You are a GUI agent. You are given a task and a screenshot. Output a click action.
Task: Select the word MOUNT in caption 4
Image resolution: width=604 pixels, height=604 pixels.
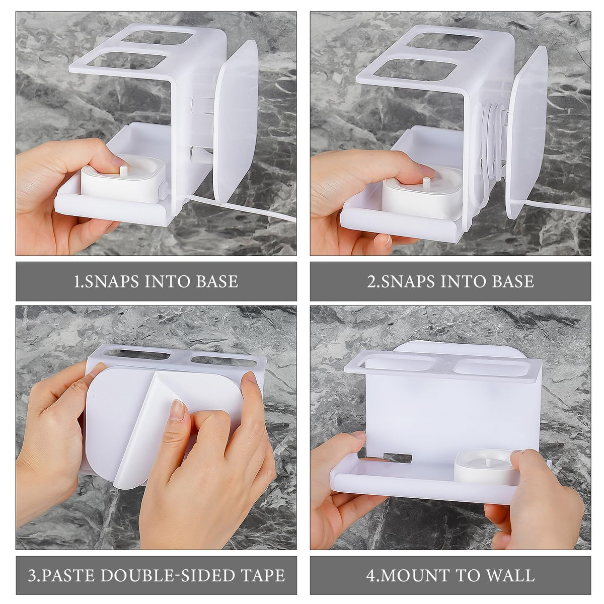(415, 575)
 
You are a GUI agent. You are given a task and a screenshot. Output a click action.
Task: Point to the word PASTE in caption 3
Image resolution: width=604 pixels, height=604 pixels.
(68, 575)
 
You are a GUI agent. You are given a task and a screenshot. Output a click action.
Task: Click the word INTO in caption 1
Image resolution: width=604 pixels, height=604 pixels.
(168, 281)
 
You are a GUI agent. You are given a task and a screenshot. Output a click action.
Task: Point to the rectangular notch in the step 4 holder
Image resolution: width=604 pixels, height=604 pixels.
(397, 458)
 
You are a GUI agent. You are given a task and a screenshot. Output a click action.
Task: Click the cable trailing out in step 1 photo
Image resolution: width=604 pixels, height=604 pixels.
(242, 207)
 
